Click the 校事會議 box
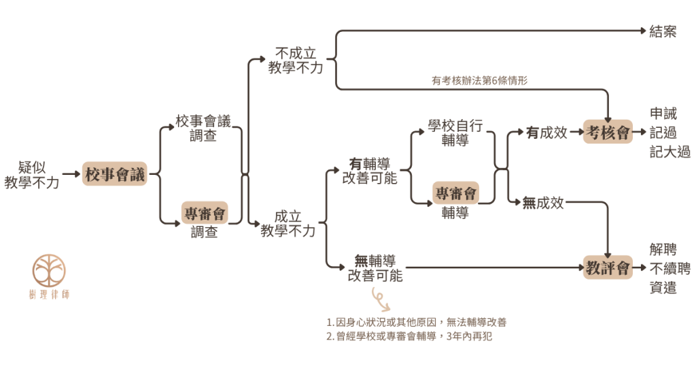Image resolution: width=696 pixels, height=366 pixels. pyautogui.click(x=114, y=175)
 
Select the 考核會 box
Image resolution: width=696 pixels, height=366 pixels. pyautogui.click(x=608, y=133)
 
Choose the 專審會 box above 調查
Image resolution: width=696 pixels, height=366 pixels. pyautogui.click(x=204, y=214)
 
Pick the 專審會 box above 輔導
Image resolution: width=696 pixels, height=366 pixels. pyautogui.click(x=456, y=193)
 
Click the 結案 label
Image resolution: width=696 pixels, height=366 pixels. pyautogui.click(x=663, y=31)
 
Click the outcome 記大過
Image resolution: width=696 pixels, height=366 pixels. pyautogui.click(x=670, y=152)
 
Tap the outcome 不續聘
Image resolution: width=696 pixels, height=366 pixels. pyautogui.click(x=670, y=268)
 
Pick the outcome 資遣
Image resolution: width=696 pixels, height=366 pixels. pyautogui.click(x=663, y=288)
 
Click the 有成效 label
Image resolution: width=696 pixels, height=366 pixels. pyautogui.click(x=546, y=133)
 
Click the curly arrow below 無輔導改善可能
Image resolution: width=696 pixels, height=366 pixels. pyautogui.click(x=378, y=295)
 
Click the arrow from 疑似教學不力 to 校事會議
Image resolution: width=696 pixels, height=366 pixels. pyautogui.click(x=71, y=175)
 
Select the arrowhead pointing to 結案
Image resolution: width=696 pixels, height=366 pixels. pyautogui.click(x=642, y=31)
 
